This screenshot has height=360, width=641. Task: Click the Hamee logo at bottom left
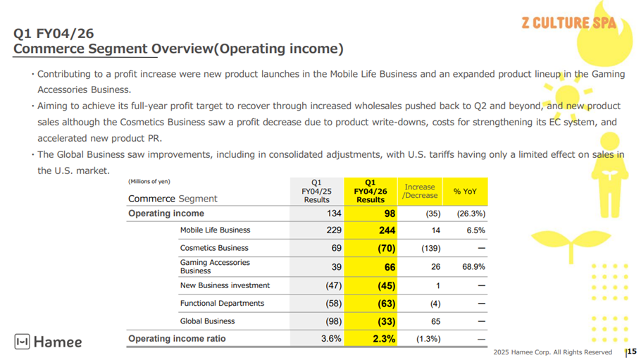[48, 342]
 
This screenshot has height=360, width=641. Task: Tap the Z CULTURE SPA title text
[568, 23]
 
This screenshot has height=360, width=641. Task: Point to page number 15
[632, 352]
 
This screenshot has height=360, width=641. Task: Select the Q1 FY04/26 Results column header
[371, 191]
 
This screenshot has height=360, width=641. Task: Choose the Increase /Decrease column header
[420, 192]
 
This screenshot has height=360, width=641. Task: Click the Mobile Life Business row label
[215, 230]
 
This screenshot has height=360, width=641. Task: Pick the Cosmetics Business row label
[214, 248]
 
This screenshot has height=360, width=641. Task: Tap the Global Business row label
[208, 321]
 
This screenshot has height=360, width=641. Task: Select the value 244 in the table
[387, 230]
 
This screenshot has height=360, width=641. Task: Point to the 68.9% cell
[473, 267]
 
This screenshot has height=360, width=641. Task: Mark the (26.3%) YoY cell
[471, 213]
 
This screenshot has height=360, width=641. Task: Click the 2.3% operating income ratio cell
[384, 339]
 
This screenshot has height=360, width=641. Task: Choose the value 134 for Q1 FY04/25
[334, 213]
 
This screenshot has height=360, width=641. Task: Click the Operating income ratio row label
[177, 339]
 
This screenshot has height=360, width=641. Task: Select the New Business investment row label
[225, 285]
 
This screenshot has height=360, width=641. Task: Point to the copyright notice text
[553, 352]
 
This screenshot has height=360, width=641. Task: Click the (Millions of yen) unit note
[149, 182]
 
